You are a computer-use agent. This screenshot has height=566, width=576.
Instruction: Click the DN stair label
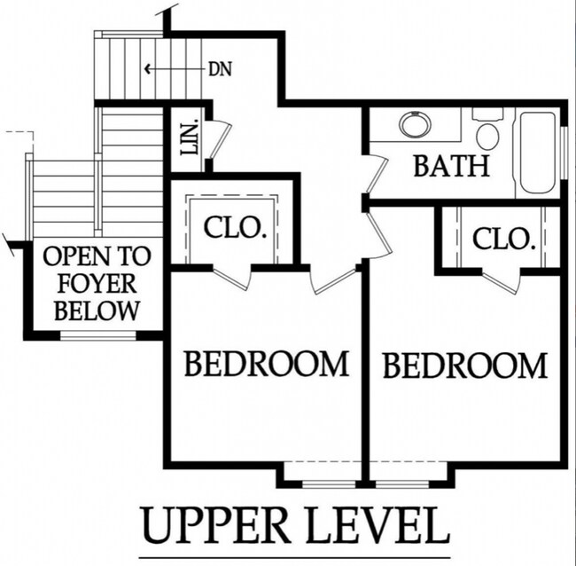coord(220,69)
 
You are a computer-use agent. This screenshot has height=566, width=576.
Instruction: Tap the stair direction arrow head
coord(148,69)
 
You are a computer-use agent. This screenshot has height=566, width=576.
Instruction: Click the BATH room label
coord(451,166)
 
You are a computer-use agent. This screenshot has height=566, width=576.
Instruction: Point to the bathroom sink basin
coord(416,123)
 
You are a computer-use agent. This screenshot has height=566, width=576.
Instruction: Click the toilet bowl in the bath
coord(487,136)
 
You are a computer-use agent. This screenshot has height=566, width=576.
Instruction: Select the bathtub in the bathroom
coord(538,153)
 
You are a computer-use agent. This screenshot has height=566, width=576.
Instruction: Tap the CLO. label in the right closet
coord(503,239)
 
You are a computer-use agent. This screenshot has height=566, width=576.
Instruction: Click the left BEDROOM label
coord(267,364)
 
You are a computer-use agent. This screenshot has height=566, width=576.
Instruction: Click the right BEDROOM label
coord(465,366)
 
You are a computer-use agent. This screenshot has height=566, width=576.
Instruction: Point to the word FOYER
coord(97,284)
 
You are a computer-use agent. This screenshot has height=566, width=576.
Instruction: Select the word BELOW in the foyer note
coord(97,311)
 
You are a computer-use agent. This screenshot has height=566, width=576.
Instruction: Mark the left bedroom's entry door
coord(333,282)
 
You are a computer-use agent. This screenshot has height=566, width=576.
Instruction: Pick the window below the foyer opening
coord(97,334)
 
